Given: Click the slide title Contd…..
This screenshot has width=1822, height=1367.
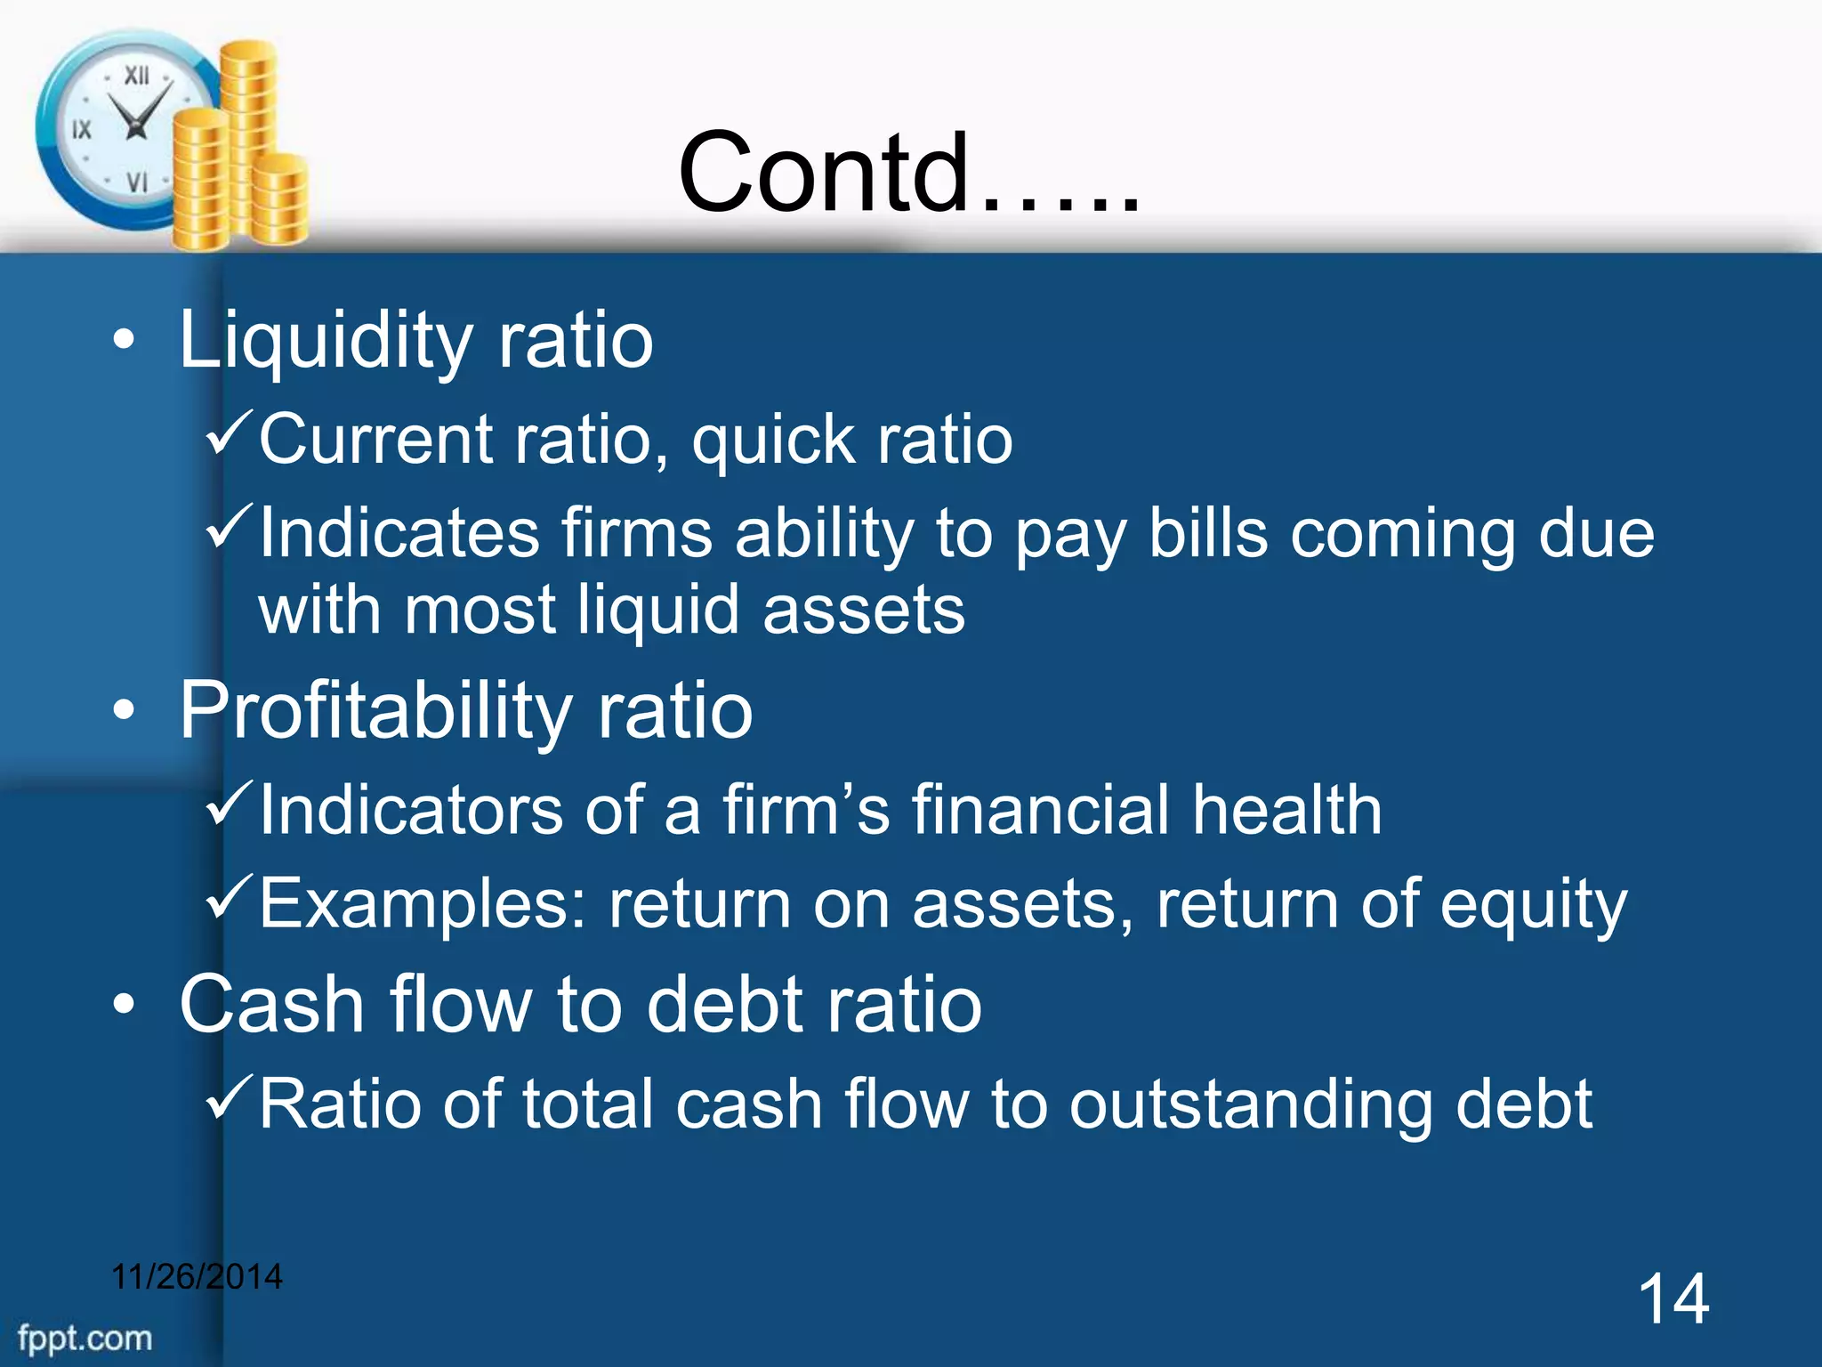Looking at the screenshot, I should coord(907,174).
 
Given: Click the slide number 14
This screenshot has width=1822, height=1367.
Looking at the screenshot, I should coord(1673,1299).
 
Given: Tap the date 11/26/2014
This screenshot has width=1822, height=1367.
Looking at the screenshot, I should coord(197,1277).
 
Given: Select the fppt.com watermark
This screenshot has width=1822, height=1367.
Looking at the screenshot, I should coord(85,1338).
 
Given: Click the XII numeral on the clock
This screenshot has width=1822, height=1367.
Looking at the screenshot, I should coord(136,76).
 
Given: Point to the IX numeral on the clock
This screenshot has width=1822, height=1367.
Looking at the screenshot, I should coord(82,130).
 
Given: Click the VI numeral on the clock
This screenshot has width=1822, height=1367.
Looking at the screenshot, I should coord(136,182).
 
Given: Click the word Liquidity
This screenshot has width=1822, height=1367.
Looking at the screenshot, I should coord(325,341).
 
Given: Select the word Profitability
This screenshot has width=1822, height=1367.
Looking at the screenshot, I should coord(374,710).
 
